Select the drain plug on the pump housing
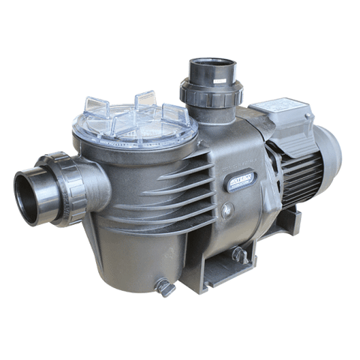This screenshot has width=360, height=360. [239, 255]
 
